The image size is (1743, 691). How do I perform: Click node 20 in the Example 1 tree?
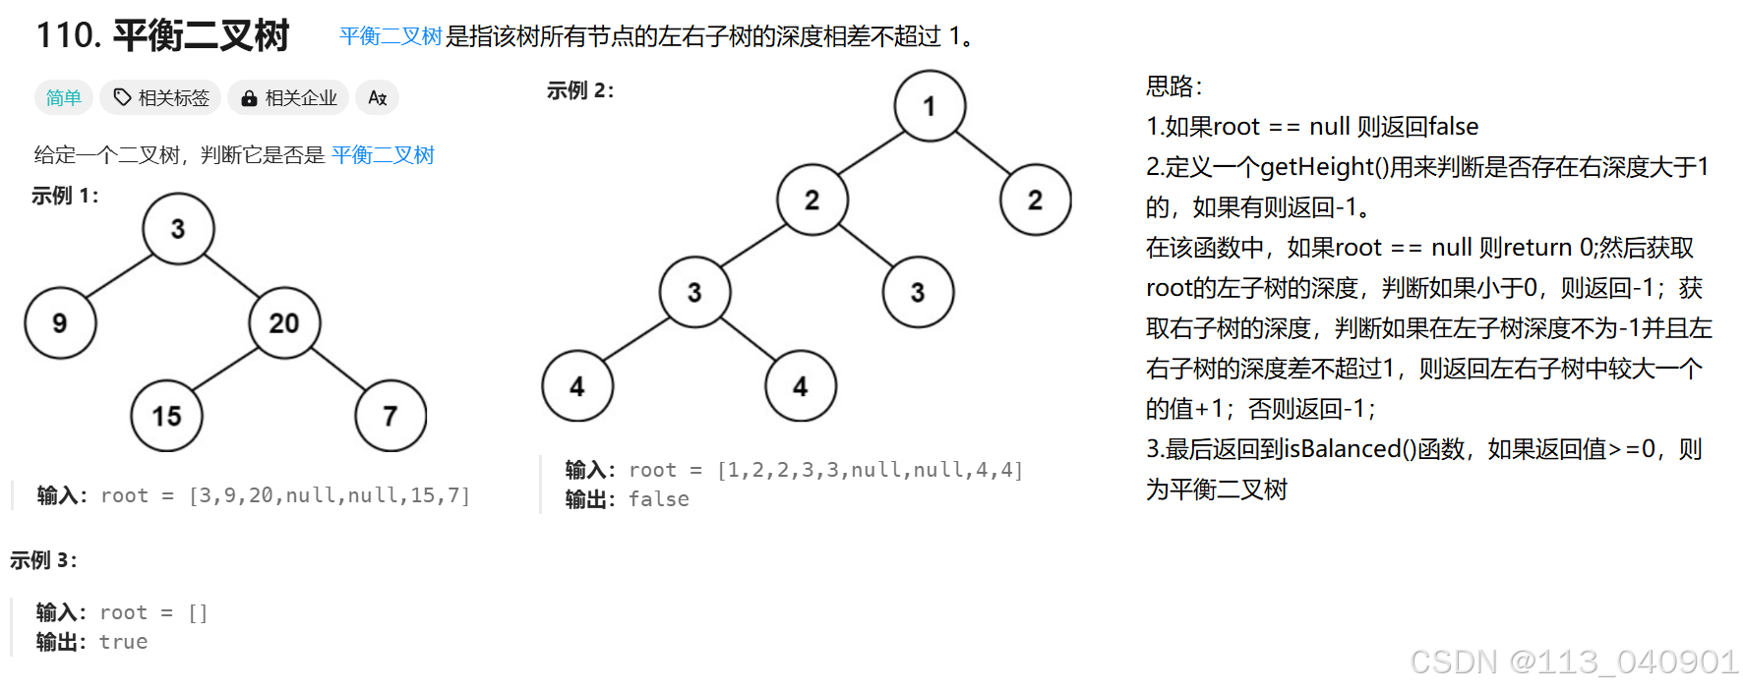click(x=283, y=323)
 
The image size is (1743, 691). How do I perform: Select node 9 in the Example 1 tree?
click(x=60, y=323)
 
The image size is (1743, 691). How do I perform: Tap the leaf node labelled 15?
click(x=166, y=416)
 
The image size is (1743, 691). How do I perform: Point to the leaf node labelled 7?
click(x=391, y=416)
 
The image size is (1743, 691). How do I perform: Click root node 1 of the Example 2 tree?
click(x=930, y=106)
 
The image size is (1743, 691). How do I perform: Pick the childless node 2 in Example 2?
click(x=1035, y=200)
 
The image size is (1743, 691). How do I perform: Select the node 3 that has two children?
click(x=694, y=292)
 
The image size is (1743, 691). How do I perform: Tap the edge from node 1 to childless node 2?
click(x=983, y=152)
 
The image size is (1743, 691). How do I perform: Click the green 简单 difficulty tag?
click(x=64, y=97)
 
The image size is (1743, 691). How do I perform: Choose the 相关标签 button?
click(x=161, y=97)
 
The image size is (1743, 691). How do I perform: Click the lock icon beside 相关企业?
click(x=249, y=98)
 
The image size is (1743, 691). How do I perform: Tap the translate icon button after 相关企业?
click(x=377, y=97)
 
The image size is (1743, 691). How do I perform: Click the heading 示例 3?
click(x=44, y=560)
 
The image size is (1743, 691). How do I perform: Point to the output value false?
click(x=659, y=499)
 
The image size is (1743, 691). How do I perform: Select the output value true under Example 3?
click(x=124, y=642)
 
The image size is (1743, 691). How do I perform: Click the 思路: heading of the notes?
click(x=1173, y=86)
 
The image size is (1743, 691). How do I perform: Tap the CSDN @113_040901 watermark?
click(x=1573, y=662)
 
